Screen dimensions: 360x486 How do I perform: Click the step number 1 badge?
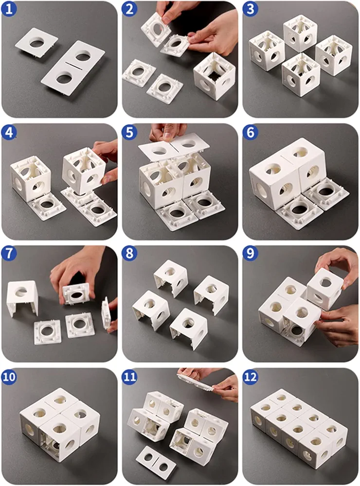click(9, 9)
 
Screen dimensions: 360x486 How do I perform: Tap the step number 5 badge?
click(129, 132)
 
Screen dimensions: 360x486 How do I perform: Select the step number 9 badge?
click(250, 253)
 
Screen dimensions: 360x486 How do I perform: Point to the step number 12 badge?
click(251, 377)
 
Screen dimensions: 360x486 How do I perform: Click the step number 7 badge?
click(9, 253)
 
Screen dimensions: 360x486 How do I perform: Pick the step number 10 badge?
click(9, 377)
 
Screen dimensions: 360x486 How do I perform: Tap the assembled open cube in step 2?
click(213, 76)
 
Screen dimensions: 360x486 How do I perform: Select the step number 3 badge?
click(250, 9)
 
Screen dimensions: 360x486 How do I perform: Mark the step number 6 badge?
click(250, 132)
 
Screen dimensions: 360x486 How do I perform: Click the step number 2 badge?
click(129, 9)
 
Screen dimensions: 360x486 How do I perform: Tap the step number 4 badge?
click(9, 132)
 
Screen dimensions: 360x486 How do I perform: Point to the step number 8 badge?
click(129, 253)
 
